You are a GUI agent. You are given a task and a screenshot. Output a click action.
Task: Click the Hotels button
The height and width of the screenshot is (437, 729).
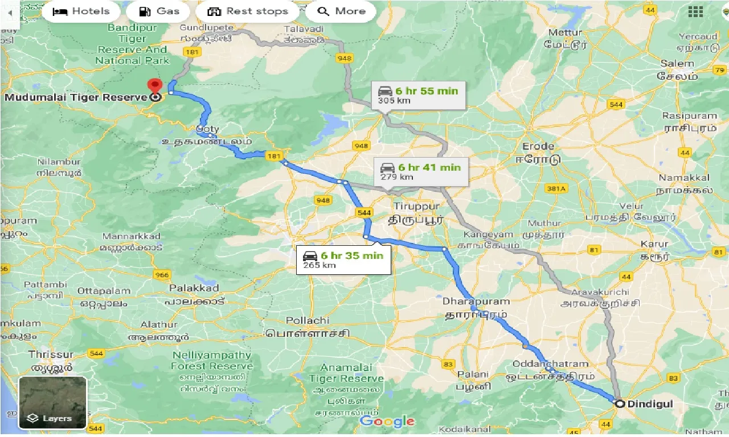pos(81,11)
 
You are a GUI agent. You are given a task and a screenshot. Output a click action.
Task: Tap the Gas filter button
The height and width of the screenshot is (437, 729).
pos(159,11)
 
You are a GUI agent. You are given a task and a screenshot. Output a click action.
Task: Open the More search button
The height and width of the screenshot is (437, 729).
pos(341,11)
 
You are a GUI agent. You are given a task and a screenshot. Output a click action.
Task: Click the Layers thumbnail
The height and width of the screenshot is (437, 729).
pos(52,402)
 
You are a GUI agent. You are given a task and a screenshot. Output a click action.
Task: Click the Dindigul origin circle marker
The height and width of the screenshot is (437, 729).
pos(620,403)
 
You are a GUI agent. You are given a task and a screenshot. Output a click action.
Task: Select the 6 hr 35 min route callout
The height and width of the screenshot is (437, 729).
pos(343,260)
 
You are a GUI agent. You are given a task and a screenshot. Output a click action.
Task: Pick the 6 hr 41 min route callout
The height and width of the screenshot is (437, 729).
pos(421,171)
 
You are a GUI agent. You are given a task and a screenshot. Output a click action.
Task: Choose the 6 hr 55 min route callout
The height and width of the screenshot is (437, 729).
pos(419,95)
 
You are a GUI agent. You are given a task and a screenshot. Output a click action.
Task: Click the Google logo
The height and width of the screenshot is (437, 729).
pos(387,421)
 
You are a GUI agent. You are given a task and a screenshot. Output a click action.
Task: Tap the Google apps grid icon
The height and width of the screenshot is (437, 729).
pos(695,12)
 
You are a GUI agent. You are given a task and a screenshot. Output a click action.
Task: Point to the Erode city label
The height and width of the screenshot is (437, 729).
pos(538,146)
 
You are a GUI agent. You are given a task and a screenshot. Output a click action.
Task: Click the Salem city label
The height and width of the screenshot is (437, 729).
pos(677,63)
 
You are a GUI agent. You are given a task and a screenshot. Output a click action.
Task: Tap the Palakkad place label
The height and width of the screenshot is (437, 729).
pos(194,288)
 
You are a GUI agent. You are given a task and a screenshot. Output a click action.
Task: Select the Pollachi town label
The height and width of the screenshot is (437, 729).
pos(308,321)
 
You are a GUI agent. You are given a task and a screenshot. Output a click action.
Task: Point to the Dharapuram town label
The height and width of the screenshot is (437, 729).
pos(476,301)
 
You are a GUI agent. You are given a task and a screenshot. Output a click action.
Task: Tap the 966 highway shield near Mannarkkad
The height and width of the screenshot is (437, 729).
pos(161,275)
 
